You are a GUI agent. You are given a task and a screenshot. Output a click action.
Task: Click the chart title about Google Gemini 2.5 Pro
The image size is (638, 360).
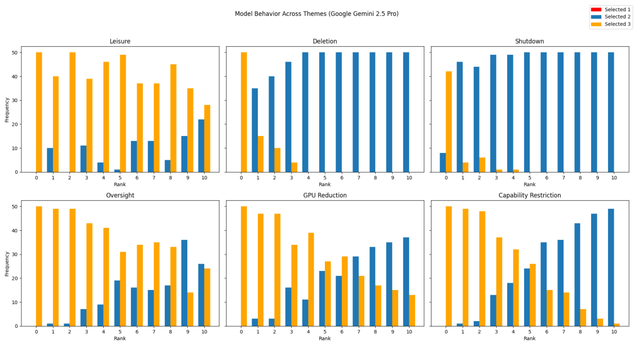click(x=316, y=14)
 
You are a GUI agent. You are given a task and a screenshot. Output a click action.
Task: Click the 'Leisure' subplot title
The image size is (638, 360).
click(x=120, y=41)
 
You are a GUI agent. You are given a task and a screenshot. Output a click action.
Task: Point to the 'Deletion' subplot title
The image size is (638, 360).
click(x=325, y=41)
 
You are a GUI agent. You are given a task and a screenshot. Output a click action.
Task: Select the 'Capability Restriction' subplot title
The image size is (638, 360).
click(x=530, y=195)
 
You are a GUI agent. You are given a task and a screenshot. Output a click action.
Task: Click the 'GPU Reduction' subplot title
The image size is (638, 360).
click(x=325, y=195)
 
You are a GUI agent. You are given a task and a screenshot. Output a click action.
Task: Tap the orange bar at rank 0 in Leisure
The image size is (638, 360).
click(x=39, y=112)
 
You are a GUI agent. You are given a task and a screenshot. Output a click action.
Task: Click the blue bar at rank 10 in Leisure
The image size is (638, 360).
click(x=201, y=146)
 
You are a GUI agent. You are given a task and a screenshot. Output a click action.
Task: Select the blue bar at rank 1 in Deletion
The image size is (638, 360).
click(x=255, y=130)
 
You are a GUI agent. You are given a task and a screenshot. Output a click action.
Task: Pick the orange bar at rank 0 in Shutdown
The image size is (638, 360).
click(x=448, y=122)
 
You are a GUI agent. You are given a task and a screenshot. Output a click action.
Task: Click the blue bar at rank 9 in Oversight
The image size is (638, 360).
click(x=184, y=283)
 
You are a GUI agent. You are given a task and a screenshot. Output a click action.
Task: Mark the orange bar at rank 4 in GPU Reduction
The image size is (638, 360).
click(x=311, y=279)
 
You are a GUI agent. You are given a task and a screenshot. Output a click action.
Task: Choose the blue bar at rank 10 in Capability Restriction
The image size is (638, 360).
click(x=611, y=267)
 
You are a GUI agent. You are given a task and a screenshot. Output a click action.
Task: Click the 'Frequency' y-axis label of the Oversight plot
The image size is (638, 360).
click(x=7, y=264)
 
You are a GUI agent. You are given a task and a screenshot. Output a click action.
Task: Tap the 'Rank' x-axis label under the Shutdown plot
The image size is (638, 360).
click(x=530, y=185)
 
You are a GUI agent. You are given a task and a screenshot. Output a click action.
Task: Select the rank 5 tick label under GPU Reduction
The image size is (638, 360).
click(x=325, y=332)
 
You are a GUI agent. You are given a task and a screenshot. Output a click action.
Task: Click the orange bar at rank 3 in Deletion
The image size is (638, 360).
click(x=294, y=167)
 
